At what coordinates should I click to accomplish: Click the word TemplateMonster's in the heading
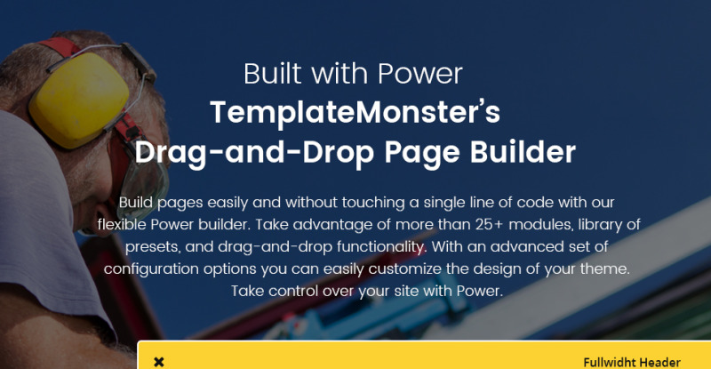pos(355,112)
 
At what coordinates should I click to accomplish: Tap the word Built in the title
pos(273,74)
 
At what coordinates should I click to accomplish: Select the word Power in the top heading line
pos(419,74)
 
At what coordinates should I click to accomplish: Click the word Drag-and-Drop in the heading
pos(254,153)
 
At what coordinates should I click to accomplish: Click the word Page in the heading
pos(421,154)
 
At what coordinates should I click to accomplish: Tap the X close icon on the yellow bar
pos(159,362)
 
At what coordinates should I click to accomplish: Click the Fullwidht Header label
pos(632,362)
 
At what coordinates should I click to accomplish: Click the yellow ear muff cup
pos(80,100)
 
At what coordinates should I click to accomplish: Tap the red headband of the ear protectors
pos(58,46)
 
